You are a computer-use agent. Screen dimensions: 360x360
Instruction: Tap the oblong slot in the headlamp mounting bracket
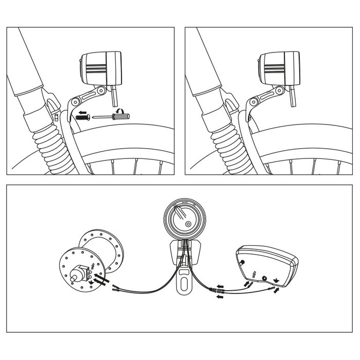click(x=184, y=282)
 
